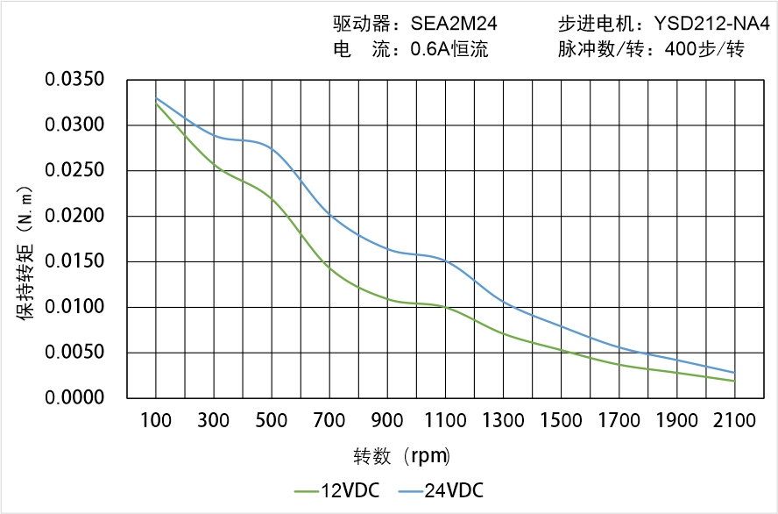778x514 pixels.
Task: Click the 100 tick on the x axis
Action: pos(156,421)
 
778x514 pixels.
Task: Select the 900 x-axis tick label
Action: pos(387,421)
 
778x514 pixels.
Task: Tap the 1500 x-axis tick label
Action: pos(561,421)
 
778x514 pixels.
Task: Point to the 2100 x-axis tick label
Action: pos(734,421)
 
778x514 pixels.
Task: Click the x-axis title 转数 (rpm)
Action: pos(402,456)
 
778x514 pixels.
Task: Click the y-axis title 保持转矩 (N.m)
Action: pos(26,253)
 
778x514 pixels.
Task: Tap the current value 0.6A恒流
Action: pos(449,50)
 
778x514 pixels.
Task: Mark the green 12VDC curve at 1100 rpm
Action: pos(445,307)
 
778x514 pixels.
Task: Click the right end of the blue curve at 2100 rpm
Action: pos(733,373)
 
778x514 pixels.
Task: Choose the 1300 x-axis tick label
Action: pos(503,421)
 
